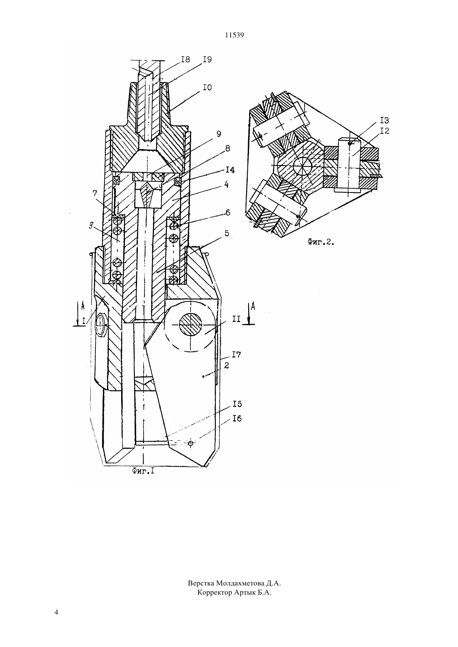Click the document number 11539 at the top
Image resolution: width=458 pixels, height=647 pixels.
(234, 35)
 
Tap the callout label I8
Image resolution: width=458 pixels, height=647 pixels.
(185, 59)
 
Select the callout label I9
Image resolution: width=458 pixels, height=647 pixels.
(207, 59)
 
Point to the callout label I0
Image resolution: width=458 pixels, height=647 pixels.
(207, 87)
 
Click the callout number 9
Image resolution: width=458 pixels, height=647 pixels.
(219, 134)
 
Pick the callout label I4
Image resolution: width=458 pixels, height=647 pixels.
(230, 170)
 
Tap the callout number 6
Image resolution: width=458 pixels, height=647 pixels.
(228, 212)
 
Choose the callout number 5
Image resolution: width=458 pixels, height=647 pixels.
(227, 233)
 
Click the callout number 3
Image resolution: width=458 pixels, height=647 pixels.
(91, 225)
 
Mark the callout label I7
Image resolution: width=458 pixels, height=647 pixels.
(236, 355)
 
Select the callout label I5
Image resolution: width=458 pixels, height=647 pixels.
(237, 404)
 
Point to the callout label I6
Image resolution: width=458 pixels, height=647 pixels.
(237, 419)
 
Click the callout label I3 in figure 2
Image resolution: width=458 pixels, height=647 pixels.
(385, 121)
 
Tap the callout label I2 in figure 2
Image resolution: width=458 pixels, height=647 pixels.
(385, 131)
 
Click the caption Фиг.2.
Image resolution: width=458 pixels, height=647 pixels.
(321, 243)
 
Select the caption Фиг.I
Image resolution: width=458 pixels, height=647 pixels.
(143, 472)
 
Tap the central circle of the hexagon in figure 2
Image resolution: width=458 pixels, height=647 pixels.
(302, 167)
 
